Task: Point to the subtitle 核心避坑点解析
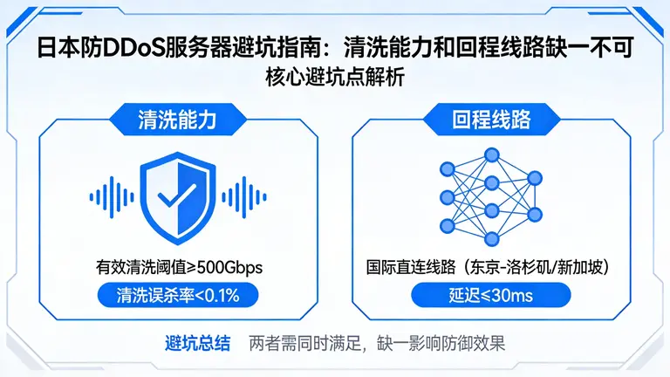point(334,76)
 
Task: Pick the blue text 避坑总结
point(198,342)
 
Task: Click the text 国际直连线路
point(407,266)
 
